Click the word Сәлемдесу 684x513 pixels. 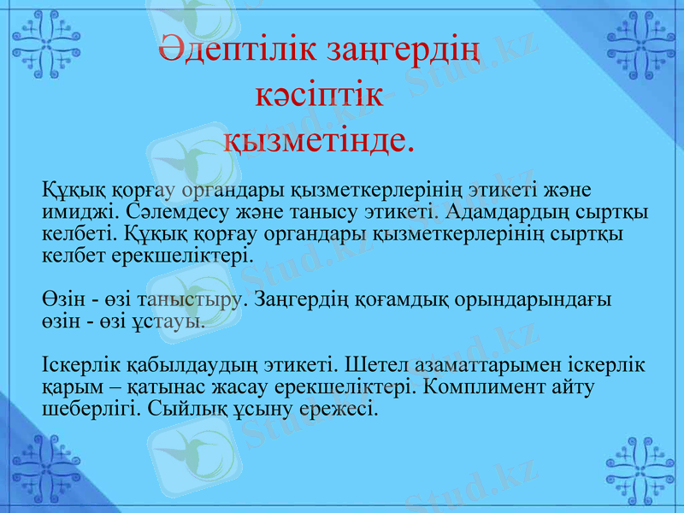[163, 210]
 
